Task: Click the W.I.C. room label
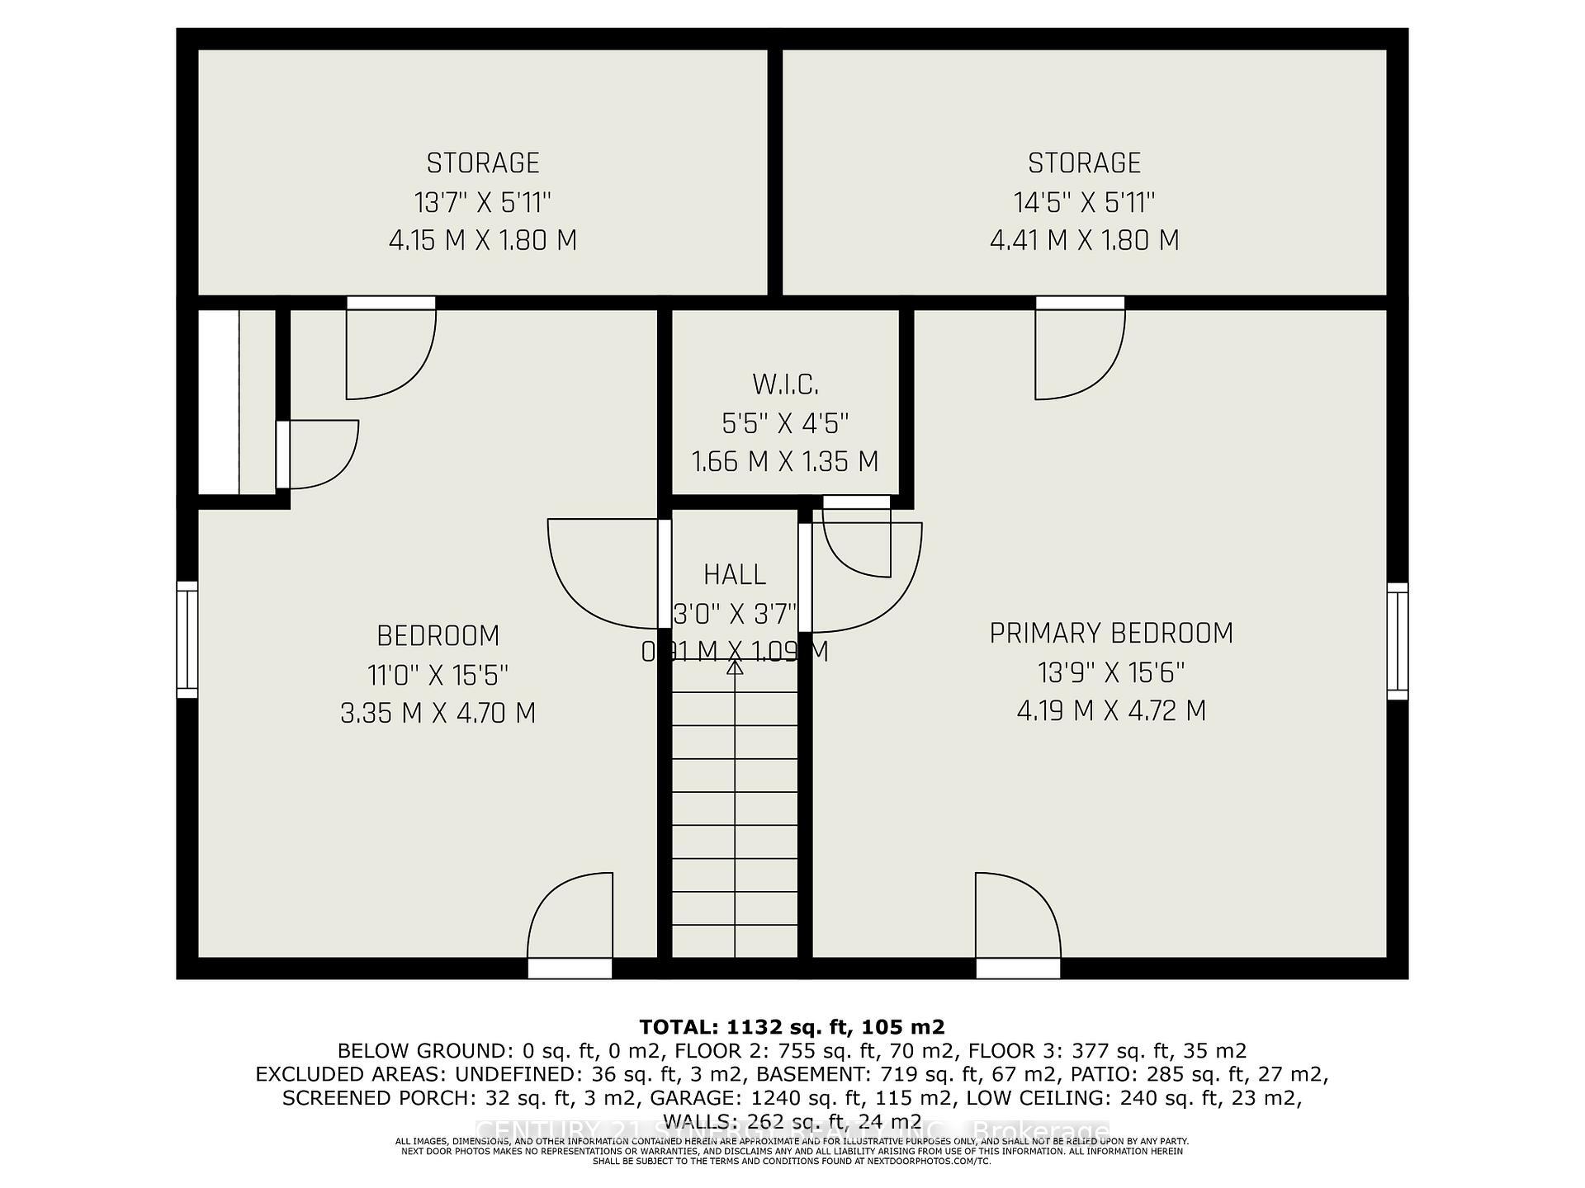[x=785, y=384]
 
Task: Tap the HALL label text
[x=735, y=574]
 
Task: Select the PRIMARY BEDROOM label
[x=1111, y=634]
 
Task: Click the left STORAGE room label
[x=483, y=163]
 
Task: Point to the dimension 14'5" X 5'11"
[x=1084, y=202]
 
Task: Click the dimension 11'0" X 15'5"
[x=438, y=675]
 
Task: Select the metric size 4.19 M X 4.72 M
[x=1111, y=710]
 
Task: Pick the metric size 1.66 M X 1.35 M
[x=784, y=461]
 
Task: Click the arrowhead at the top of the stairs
[x=735, y=667]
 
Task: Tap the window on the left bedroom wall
[x=188, y=639]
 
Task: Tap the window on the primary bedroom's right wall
[x=1397, y=641]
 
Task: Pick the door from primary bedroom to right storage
[x=1080, y=351]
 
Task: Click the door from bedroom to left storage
[x=390, y=351]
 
